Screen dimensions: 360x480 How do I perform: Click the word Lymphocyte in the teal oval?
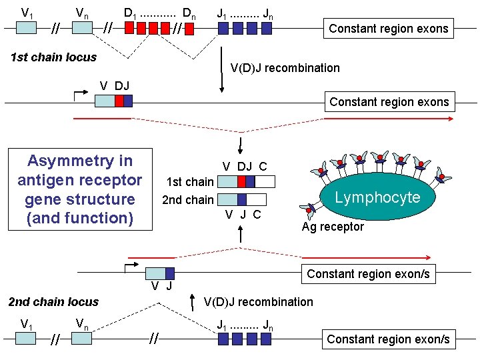(x=377, y=197)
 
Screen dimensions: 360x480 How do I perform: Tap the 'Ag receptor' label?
(x=333, y=227)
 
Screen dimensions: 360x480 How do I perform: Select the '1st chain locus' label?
(x=53, y=57)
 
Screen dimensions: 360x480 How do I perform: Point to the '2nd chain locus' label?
(x=53, y=302)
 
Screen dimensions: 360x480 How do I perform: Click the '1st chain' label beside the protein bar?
(x=189, y=181)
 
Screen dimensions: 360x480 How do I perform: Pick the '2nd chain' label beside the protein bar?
(x=188, y=199)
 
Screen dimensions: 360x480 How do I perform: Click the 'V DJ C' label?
(x=245, y=167)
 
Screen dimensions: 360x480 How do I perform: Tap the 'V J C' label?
(x=243, y=215)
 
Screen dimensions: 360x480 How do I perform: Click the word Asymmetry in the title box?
(x=80, y=161)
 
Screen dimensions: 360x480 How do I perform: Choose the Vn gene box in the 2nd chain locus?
(x=81, y=339)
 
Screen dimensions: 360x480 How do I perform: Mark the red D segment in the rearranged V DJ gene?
(x=119, y=101)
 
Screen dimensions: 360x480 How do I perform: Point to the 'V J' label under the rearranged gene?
(x=161, y=287)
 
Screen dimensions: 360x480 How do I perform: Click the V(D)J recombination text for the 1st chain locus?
(x=285, y=68)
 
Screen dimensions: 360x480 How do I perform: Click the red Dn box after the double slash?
(x=190, y=29)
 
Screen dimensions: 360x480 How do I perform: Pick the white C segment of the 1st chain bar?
(x=265, y=181)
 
